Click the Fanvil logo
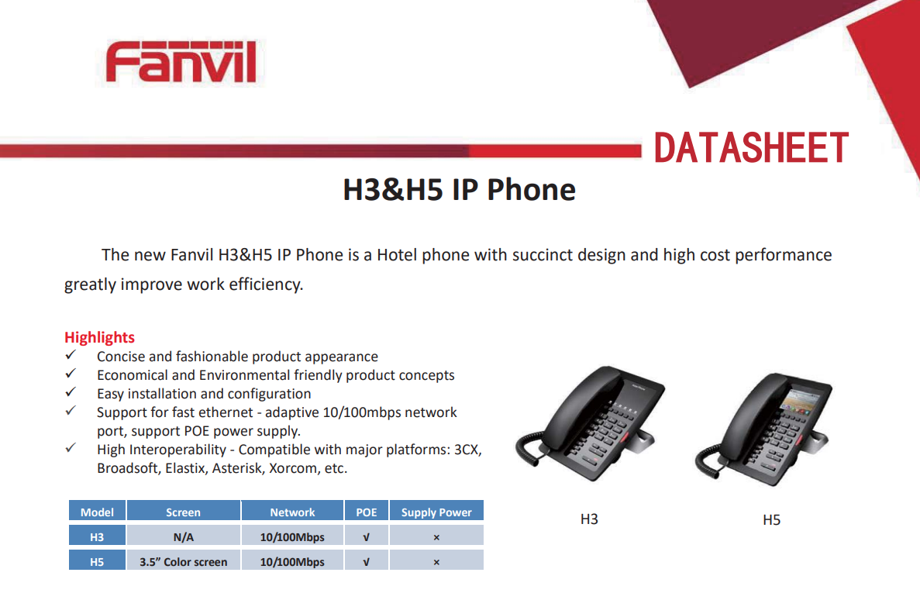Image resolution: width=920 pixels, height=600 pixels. coord(181,62)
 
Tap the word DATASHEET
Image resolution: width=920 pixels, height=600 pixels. coord(751,147)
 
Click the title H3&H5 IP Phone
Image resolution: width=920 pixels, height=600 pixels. coord(459,190)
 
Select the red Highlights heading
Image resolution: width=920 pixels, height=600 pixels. coord(99,337)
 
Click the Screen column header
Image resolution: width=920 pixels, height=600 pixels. coord(183,512)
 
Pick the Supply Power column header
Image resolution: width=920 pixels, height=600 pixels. coord(436,512)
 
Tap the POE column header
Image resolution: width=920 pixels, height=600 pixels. coord(366,512)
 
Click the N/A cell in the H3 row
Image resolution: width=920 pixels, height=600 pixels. coord(183,536)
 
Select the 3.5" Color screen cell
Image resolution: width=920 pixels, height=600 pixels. coord(183,561)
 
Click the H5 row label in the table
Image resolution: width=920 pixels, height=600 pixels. coord(97,561)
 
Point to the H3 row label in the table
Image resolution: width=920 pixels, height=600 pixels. coord(97,536)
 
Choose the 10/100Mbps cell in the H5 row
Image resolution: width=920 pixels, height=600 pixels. coord(292,561)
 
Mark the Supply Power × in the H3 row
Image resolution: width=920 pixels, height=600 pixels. coord(436,537)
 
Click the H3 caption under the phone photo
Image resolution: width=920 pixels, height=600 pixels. coord(589,519)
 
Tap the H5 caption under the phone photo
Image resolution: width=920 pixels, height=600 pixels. coord(771,519)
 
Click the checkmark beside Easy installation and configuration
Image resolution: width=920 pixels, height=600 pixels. coord(71,391)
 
